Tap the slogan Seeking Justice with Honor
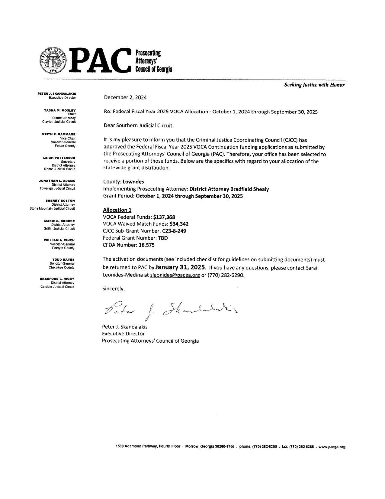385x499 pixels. pyautogui.click(x=314, y=85)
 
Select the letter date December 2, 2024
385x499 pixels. pyautogui.click(x=125, y=97)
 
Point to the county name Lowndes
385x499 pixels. pyautogui.click(x=133, y=182)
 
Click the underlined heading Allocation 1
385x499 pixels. pyautogui.click(x=117, y=210)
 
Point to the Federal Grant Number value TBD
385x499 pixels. pyautogui.click(x=163, y=238)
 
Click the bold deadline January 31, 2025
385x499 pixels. pyautogui.click(x=181, y=267)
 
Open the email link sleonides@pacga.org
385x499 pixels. pyautogui.click(x=175, y=276)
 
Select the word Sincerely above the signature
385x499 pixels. pyautogui.click(x=114, y=289)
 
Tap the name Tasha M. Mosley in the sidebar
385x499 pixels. pyautogui.click(x=60, y=110)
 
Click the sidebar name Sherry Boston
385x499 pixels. pyautogui.click(x=60, y=201)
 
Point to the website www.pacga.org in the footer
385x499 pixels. pyautogui.click(x=332, y=447)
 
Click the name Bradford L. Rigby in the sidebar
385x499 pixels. pyautogui.click(x=57, y=279)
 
